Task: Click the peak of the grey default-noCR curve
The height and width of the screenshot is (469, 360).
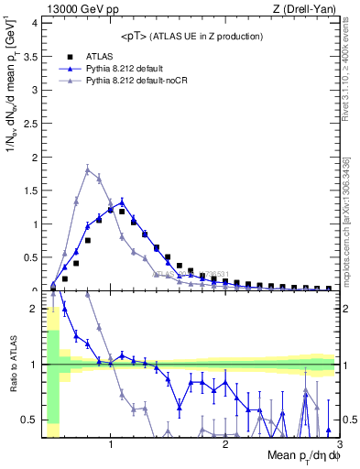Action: pyautogui.click(x=87, y=169)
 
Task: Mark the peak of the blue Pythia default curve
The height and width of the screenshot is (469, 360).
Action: pyautogui.click(x=122, y=202)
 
